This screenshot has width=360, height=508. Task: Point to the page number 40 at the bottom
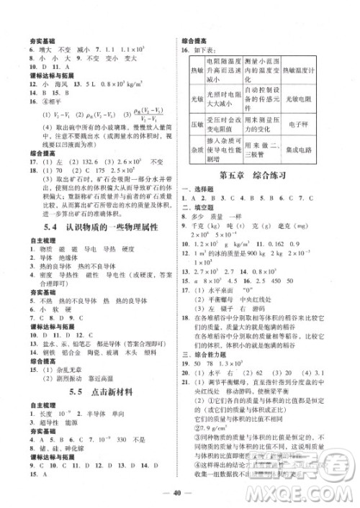tap(179, 492)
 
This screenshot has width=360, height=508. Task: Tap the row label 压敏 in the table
tap(197, 125)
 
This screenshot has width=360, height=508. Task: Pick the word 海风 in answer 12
tap(59, 84)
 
